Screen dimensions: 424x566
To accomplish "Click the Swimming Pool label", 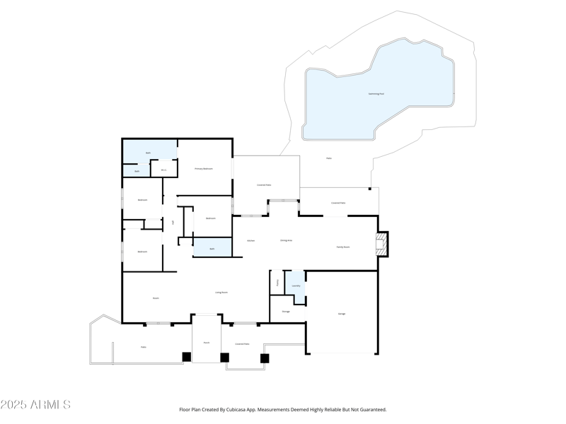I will pyautogui.click(x=376, y=93).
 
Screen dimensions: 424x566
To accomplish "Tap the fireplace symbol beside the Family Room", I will pyautogui.click(x=381, y=245).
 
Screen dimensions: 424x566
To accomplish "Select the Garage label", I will pyautogui.click(x=342, y=314).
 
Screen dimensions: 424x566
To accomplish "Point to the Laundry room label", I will pyautogui.click(x=296, y=285).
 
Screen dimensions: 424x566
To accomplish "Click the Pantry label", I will pyautogui.click(x=277, y=282).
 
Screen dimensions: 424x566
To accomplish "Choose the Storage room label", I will pyautogui.click(x=286, y=312).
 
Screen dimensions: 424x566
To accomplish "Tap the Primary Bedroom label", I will pyautogui.click(x=204, y=169).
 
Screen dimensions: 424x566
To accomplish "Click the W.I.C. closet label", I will pyautogui.click(x=163, y=170).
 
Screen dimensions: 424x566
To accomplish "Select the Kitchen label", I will pyautogui.click(x=250, y=241).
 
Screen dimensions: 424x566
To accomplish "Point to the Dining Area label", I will pyautogui.click(x=286, y=241).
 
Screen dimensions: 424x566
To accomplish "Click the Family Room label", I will pyautogui.click(x=342, y=247).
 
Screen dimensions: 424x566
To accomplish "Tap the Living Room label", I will pyautogui.click(x=221, y=292).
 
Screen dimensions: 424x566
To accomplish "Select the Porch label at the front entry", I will pyautogui.click(x=207, y=343).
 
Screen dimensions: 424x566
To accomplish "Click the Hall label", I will pyautogui.click(x=173, y=223).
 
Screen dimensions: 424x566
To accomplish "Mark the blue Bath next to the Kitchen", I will pyautogui.click(x=212, y=249).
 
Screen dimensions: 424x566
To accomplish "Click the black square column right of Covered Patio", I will pyautogui.click(x=265, y=358).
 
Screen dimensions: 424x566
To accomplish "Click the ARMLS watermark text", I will pyautogui.click(x=35, y=405).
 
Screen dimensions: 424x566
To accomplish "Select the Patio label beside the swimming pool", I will pyautogui.click(x=329, y=158).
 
